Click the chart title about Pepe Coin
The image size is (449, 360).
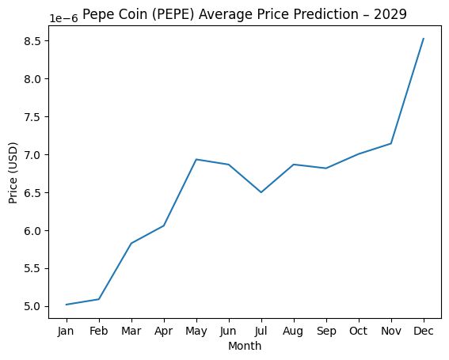[244, 14]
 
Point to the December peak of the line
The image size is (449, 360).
[424, 39]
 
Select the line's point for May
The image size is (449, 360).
[196, 159]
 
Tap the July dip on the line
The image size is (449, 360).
[261, 192]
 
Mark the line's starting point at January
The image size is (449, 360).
[67, 305]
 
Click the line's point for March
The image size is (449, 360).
[131, 243]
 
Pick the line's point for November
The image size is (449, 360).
[391, 143]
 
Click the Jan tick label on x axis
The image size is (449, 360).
[67, 332]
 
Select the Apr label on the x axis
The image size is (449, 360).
[164, 332]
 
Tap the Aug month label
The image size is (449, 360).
[294, 332]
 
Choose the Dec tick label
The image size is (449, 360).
[424, 332]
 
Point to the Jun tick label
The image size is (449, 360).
[229, 332]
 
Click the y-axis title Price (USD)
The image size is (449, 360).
[13, 173]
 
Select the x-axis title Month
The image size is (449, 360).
[245, 347]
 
